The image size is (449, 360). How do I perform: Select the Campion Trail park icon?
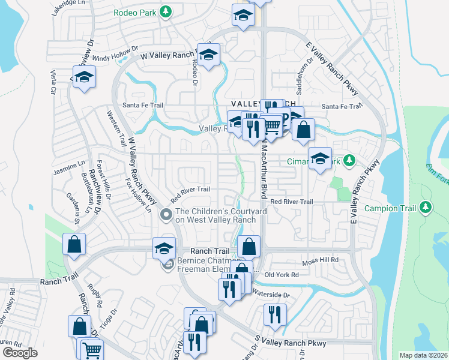426,207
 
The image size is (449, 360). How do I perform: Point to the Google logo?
20,353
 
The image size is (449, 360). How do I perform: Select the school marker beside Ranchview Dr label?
85,78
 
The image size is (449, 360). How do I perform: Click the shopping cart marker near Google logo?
91,349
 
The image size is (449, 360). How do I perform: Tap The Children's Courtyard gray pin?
166,214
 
